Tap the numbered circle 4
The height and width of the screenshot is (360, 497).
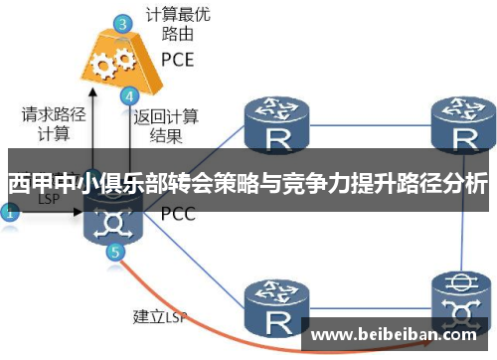[128, 97]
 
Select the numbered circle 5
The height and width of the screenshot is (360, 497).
[117, 253]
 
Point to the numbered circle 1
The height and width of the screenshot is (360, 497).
[10, 212]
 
